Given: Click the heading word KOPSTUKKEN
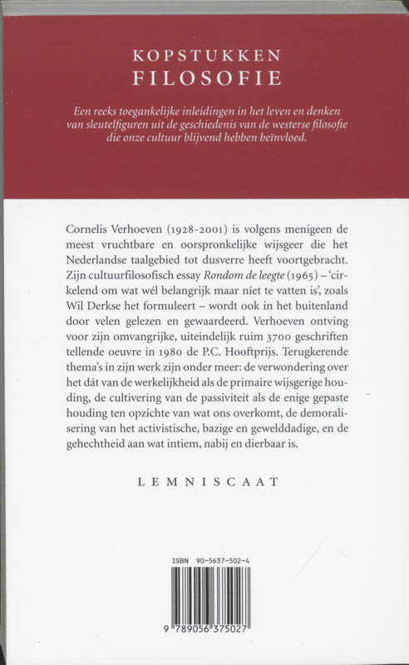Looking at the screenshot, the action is coord(204,56).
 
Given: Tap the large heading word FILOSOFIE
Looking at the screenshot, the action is coord(204,79).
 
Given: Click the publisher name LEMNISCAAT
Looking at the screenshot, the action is coord(204,480).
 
